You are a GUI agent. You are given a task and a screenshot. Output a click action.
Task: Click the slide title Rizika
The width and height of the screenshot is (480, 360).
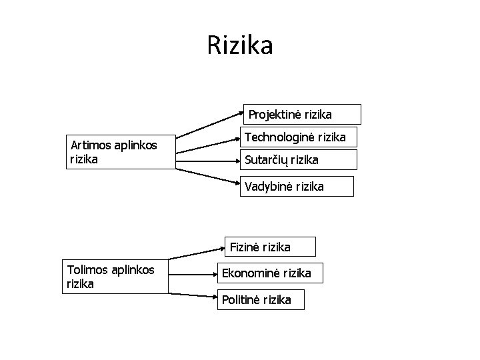pos(239,46)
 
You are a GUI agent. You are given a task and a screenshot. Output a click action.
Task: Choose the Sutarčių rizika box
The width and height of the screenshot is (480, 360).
pos(299,160)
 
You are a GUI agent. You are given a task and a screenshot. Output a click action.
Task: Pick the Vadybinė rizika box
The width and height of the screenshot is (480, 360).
pos(296,187)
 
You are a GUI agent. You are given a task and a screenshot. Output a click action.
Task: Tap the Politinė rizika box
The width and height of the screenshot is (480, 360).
pos(260,299)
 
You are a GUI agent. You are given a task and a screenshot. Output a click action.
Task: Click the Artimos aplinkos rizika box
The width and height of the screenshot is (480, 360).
pos(121,153)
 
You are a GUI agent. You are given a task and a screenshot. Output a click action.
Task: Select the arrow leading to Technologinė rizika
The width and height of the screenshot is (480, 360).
pos(209,145)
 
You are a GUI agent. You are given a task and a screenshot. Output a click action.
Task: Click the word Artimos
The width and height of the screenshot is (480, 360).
pos(91,145)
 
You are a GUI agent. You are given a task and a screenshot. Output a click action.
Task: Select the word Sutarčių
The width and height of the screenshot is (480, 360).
pos(267,160)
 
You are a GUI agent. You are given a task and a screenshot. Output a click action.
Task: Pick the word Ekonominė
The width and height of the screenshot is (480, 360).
pos(251,273)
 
